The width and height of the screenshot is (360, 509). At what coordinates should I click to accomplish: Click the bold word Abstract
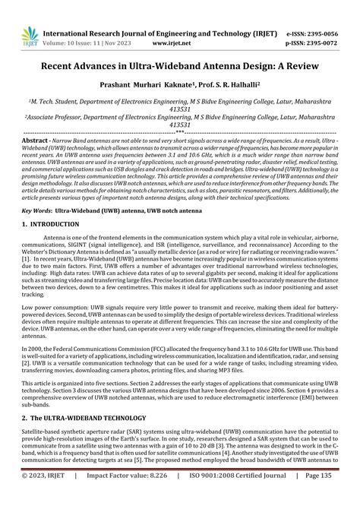point(36,141)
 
